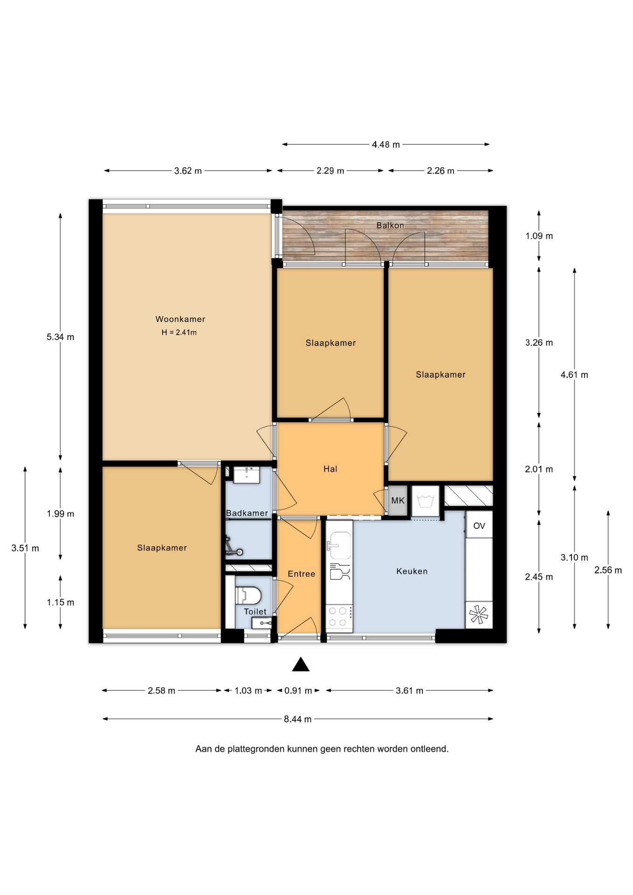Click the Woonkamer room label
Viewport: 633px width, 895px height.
[180, 319]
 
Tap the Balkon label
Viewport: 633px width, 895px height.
[390, 226]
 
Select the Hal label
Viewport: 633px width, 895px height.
[330, 469]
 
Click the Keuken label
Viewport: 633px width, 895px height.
[412, 571]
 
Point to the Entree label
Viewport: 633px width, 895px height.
[301, 574]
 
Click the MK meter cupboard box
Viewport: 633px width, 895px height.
[398, 501]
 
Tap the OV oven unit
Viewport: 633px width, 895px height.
[479, 525]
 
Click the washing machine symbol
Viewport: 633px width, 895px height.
[425, 502]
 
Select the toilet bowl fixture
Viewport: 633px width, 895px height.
[247, 595]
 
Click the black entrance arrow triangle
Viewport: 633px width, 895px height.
[301, 664]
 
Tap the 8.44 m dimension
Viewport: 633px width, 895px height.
[297, 719]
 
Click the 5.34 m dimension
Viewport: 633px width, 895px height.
[60, 337]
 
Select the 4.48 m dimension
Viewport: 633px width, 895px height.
[385, 145]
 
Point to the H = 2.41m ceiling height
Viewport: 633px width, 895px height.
[179, 332]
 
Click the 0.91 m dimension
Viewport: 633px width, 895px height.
[298, 690]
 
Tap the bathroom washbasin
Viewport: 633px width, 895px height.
[246, 475]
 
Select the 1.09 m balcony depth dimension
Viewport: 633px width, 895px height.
[539, 236]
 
